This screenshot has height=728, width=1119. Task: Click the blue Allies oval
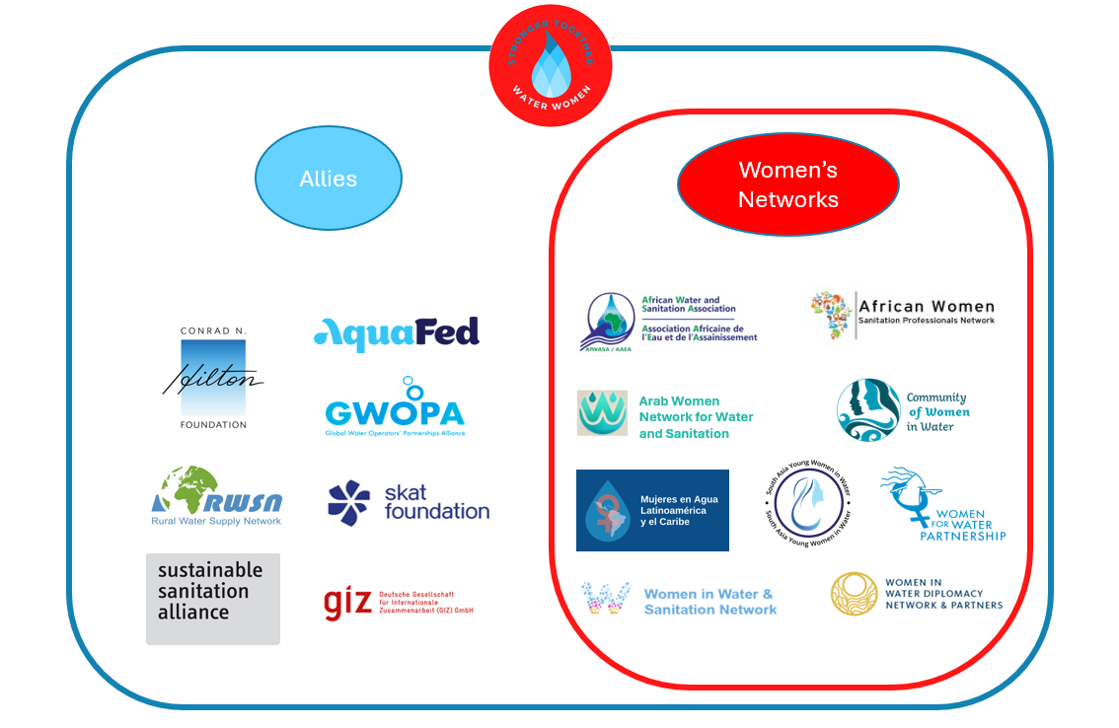point(329,180)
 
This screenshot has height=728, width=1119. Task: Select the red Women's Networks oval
point(787,184)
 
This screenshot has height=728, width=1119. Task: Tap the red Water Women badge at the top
point(551,66)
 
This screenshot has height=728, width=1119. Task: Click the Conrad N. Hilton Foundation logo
point(213,379)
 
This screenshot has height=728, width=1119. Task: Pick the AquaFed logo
point(397,334)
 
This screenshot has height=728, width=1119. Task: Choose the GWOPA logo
point(395,407)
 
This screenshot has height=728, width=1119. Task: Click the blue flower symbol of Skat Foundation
point(349,502)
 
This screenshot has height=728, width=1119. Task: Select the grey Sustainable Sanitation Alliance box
point(212,599)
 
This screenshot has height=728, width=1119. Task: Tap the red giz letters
point(347,603)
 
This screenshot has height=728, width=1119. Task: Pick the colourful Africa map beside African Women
point(831,314)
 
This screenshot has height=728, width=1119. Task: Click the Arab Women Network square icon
point(602,413)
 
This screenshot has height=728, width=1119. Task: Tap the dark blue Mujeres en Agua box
point(652,510)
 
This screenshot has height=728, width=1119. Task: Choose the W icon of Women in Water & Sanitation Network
point(607,599)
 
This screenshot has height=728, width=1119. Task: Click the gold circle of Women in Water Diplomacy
point(854,594)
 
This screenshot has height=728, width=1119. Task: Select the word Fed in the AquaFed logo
point(446,332)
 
